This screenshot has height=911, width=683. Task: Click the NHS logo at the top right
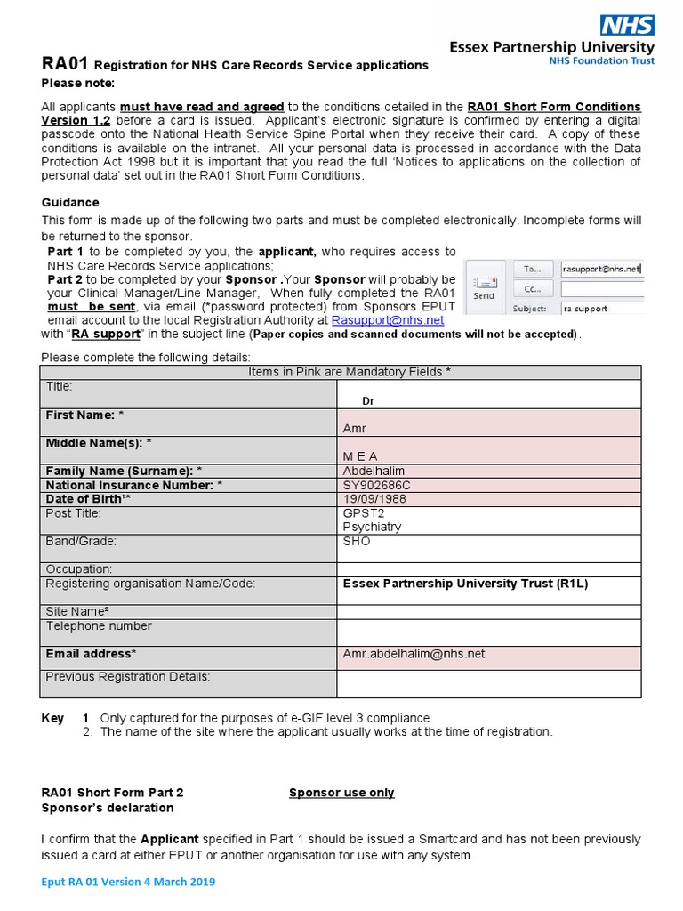click(627, 25)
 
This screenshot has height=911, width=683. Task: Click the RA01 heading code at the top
click(66, 64)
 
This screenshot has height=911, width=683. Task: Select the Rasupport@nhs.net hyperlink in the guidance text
click(387, 320)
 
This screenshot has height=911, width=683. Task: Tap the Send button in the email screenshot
click(484, 287)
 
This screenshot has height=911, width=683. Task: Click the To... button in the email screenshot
click(533, 269)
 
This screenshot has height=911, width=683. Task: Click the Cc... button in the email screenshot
click(533, 289)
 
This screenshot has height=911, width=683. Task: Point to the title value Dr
click(368, 401)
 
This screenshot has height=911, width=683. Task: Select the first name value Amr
click(355, 429)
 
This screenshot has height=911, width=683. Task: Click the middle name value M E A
click(360, 455)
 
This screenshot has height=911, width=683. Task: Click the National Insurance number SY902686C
click(377, 485)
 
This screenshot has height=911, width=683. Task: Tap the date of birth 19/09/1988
click(375, 499)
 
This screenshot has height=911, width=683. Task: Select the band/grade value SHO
click(357, 541)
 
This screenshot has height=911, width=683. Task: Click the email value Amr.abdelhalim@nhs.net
click(414, 654)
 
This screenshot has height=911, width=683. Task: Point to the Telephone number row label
click(99, 626)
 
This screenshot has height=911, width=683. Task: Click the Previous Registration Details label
click(128, 677)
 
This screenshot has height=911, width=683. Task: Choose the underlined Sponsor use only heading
click(341, 793)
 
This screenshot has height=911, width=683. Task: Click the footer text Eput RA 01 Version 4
click(128, 882)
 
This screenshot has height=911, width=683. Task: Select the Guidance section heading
click(70, 203)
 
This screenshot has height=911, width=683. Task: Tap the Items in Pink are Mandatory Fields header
click(341, 372)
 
